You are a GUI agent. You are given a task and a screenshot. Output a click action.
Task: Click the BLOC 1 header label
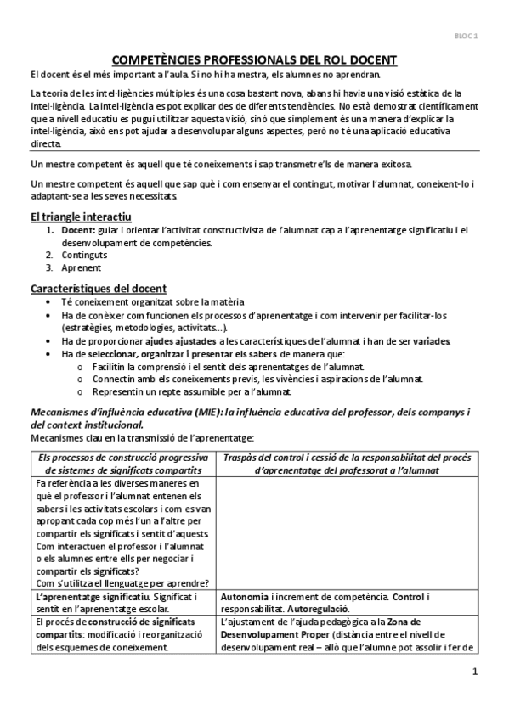point(466,37)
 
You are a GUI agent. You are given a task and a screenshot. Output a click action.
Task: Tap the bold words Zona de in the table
point(428,622)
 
